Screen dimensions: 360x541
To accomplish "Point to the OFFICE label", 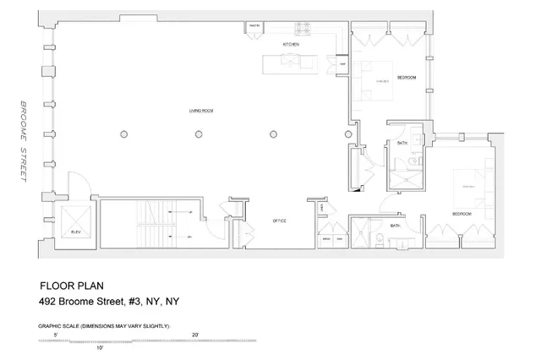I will [279, 221].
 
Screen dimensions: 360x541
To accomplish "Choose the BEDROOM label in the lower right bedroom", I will [462, 215].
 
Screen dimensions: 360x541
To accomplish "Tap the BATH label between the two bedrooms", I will [402, 144].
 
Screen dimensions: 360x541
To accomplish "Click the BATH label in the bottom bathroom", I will [395, 226].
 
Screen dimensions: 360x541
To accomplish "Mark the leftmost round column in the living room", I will [124, 134].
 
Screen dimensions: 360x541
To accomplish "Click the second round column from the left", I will [199, 134].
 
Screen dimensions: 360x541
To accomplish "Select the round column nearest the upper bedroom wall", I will [347, 134].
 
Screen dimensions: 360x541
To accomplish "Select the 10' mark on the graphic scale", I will [99, 347].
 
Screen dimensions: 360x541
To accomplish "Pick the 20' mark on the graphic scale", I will [196, 335].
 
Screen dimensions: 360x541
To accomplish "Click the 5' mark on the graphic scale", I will [55, 335].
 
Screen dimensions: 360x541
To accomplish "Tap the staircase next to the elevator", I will [152, 224].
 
